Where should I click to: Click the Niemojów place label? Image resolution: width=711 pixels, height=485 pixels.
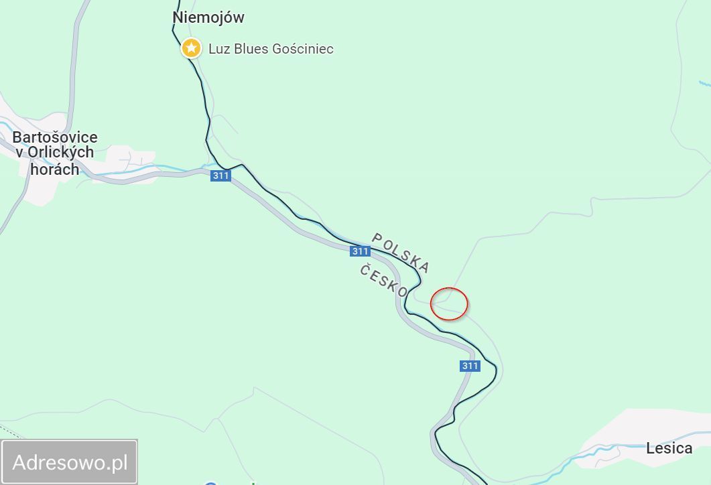(x=208, y=17)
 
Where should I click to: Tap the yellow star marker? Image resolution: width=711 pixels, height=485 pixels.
(x=192, y=48)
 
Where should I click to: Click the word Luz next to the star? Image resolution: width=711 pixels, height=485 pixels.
(x=220, y=49)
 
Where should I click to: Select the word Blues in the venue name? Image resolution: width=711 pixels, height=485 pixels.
(x=251, y=49)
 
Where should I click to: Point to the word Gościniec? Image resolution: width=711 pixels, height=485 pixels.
(x=303, y=49)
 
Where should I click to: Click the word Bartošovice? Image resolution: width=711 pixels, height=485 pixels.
(x=55, y=137)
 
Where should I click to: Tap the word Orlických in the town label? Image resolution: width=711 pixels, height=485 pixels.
(x=61, y=153)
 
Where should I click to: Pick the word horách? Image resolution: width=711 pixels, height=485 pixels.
(x=55, y=169)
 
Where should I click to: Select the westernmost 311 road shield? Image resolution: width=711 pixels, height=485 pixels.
(x=220, y=176)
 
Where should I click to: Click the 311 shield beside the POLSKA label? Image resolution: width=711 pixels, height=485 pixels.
(x=360, y=251)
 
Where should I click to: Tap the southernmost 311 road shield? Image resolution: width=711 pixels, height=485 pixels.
(x=470, y=366)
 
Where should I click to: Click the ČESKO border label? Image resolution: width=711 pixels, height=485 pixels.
(x=383, y=281)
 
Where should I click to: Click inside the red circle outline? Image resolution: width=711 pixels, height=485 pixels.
(x=449, y=303)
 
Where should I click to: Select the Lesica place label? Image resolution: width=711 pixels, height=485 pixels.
(x=669, y=448)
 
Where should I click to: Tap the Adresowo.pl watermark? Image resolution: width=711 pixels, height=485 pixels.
(x=70, y=462)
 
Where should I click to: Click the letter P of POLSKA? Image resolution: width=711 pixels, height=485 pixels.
(x=377, y=238)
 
